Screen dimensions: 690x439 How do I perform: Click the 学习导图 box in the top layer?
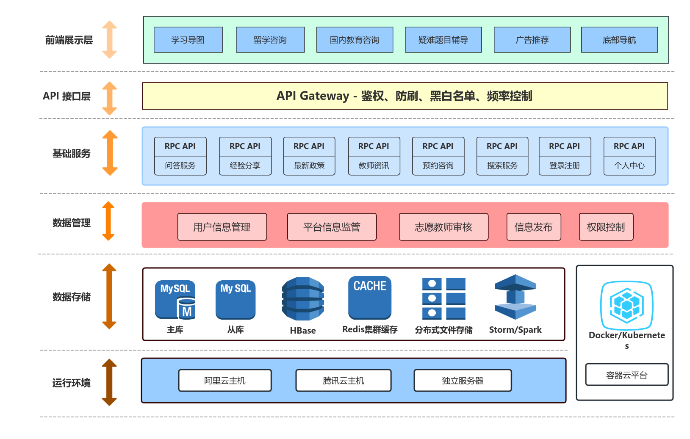[188, 40]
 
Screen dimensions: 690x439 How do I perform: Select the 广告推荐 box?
[532, 40]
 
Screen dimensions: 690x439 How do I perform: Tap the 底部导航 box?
[619, 40]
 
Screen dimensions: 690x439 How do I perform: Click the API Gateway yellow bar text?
[404, 96]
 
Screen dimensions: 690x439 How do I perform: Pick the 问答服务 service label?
[180, 166]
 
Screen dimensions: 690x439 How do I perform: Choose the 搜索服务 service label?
[502, 166]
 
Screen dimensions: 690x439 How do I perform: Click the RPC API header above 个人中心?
[629, 146]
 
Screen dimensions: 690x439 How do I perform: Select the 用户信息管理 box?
[222, 227]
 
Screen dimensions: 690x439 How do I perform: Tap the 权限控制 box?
[606, 227]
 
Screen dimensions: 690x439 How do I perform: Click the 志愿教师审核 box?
[443, 227]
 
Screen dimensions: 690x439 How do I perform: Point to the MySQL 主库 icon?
[175, 300]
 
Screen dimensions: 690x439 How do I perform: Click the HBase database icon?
[303, 299]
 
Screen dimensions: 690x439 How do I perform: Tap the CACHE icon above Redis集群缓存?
[370, 298]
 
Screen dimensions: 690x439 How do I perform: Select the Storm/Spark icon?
[515, 297]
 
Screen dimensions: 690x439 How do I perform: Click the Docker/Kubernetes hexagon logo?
[626, 305]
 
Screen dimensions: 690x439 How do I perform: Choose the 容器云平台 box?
[626, 375]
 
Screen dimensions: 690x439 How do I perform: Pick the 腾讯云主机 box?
[344, 381]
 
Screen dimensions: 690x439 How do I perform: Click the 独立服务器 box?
[463, 381]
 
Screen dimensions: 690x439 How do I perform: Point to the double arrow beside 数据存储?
[109, 296]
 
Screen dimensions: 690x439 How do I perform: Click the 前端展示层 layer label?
[69, 40]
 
